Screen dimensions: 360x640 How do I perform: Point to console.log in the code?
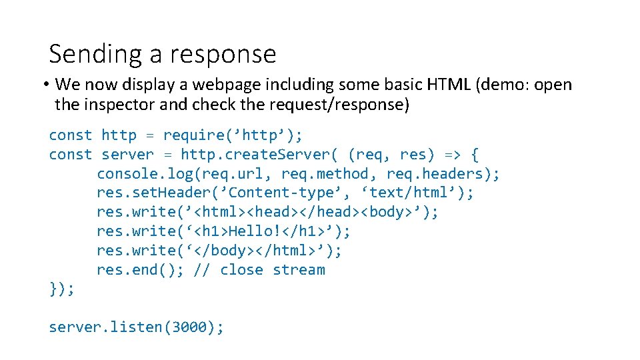pos(131,174)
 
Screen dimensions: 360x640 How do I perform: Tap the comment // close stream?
pos(259,270)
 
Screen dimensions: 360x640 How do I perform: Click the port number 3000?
pos(189,327)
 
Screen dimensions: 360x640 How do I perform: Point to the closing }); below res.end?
pos(61,289)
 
